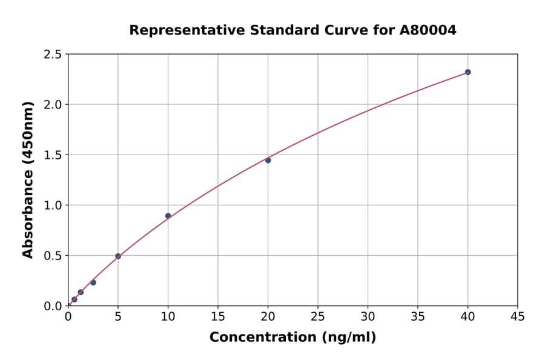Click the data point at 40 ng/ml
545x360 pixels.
click(467, 72)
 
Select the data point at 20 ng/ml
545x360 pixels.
click(268, 160)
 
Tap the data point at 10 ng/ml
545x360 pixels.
click(168, 216)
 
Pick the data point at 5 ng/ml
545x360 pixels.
click(118, 256)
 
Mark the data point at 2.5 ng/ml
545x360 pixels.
click(93, 282)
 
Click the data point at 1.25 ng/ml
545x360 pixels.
click(81, 292)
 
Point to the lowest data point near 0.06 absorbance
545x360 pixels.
click(74, 299)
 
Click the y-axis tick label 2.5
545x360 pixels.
click(53, 55)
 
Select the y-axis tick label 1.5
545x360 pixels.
click(53, 155)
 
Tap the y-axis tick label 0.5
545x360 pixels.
click(53, 256)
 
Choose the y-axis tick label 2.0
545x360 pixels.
click(53, 105)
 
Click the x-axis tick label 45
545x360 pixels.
click(517, 316)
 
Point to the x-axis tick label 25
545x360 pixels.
click(318, 316)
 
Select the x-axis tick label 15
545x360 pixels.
click(218, 316)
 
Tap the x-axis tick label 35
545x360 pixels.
click(418, 316)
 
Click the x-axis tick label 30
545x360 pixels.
click(368, 316)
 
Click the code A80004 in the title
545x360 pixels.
click(428, 30)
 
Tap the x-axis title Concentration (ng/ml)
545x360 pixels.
click(292, 338)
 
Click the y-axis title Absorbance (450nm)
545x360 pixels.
click(28, 180)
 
